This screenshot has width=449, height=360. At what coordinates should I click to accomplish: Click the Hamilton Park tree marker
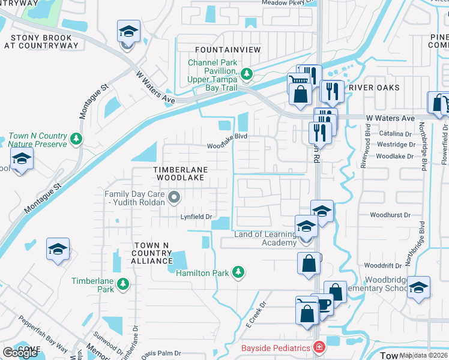coord(238,272)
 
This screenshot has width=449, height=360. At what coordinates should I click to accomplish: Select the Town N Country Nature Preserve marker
coord(76,139)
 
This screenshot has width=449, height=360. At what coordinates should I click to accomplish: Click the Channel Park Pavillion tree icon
coord(246,75)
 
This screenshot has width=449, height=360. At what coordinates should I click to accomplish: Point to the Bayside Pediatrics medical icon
coord(319,348)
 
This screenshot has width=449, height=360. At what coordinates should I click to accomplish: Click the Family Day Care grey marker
coord(174,196)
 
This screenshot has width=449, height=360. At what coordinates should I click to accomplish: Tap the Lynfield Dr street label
coord(197,217)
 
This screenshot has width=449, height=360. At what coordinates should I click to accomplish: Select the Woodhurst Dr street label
coord(390,214)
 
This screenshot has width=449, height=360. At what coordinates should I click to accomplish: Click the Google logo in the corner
coord(20,353)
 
